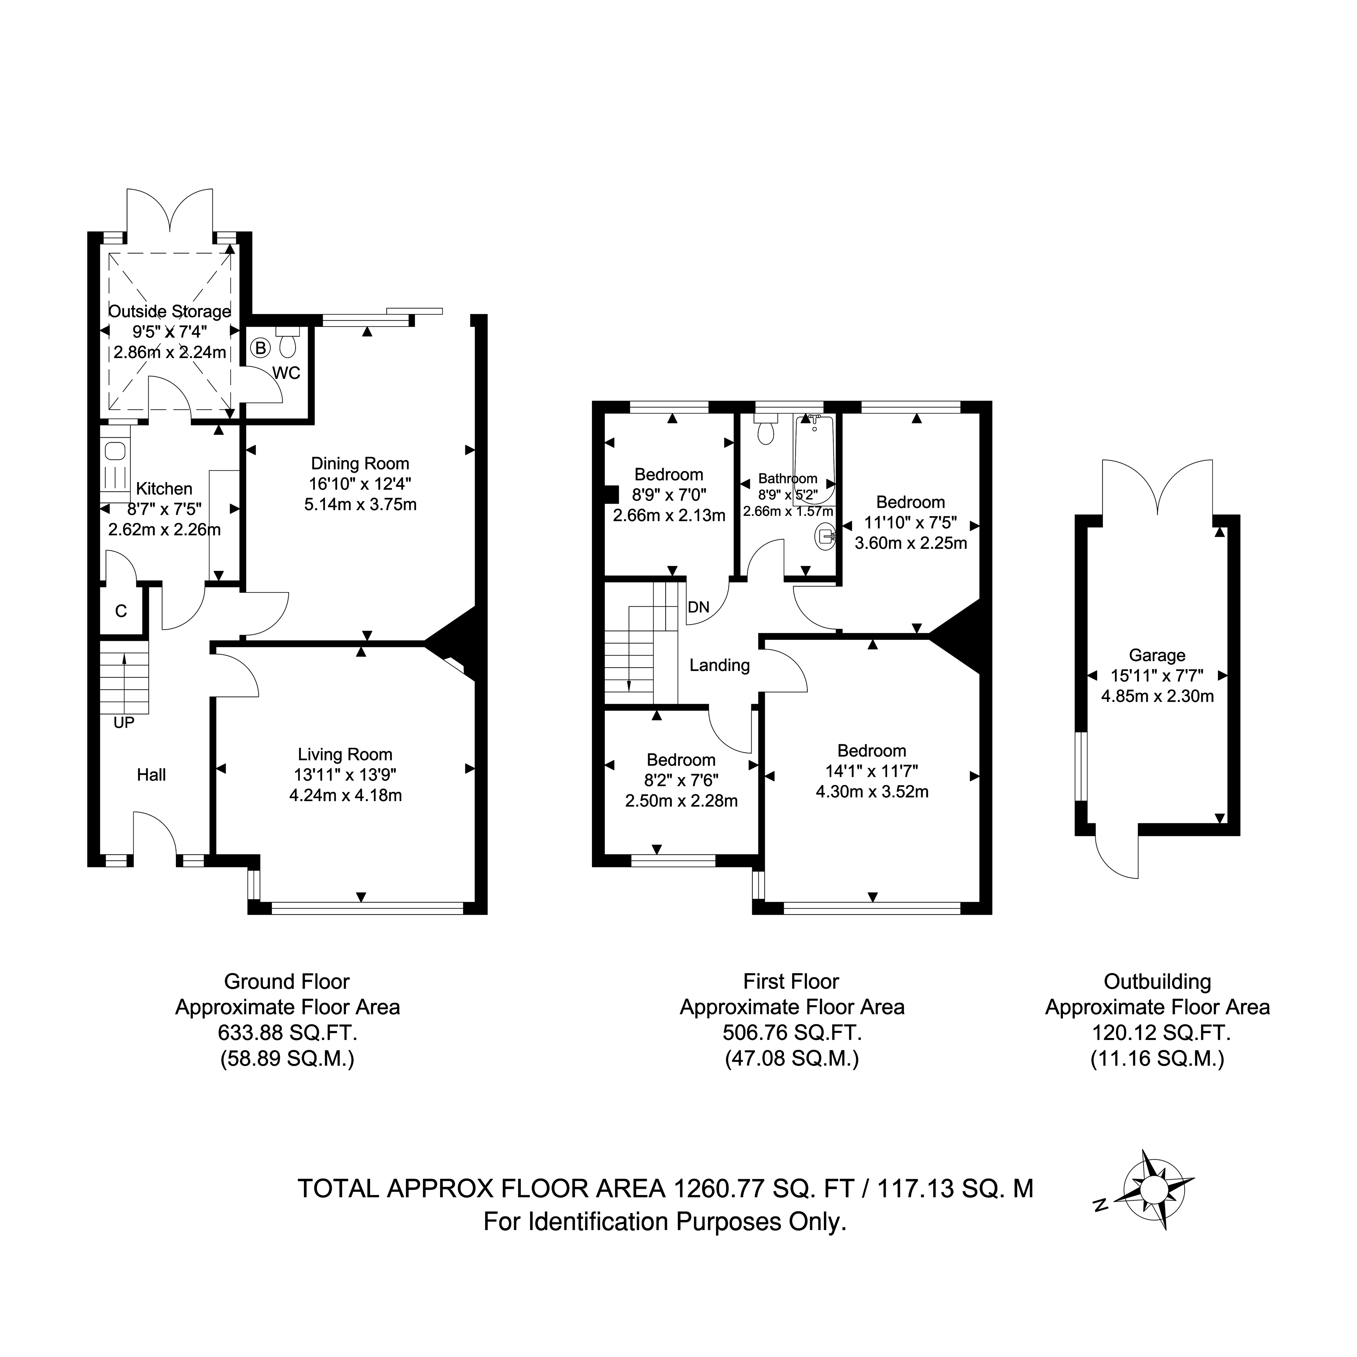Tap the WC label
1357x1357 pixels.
click(x=287, y=373)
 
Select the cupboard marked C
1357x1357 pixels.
click(x=121, y=611)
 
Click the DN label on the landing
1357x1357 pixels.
click(x=699, y=607)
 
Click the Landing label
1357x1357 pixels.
click(x=719, y=665)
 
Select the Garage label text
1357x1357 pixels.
click(x=1157, y=655)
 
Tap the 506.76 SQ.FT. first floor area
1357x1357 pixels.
click(x=792, y=1032)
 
